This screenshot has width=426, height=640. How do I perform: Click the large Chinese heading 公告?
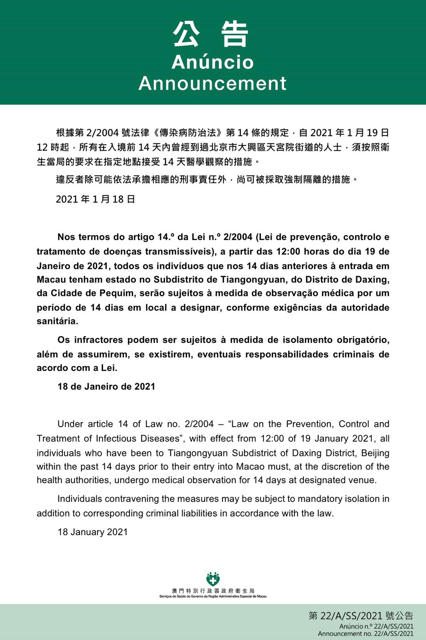point(212,34)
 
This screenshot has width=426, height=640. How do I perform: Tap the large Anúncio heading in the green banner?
point(213,62)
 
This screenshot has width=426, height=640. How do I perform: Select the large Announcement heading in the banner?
point(213,84)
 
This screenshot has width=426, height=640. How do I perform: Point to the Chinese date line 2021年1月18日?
point(96,199)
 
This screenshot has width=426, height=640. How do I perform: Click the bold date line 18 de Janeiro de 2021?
point(106,386)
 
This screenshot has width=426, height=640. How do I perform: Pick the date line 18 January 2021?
point(93,532)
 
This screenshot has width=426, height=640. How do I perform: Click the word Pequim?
point(115,293)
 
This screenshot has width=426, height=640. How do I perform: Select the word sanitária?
point(58,321)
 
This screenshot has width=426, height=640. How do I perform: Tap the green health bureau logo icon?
point(213,579)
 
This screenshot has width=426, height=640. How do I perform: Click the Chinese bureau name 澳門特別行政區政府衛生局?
point(213,591)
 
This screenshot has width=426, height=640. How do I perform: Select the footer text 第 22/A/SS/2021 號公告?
point(361,616)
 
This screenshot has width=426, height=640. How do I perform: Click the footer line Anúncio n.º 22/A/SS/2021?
point(376,626)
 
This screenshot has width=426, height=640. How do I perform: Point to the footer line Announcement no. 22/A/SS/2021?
point(366,634)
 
